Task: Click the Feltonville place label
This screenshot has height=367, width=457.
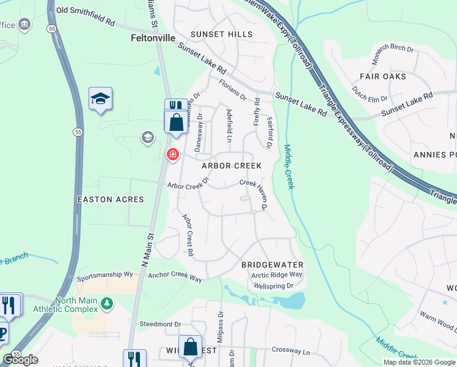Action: coord(153,37)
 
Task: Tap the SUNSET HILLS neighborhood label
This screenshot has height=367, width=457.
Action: coord(217,34)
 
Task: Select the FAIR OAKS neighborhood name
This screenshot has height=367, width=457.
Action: coord(382,76)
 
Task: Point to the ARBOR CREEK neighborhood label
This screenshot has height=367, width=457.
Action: coord(232,166)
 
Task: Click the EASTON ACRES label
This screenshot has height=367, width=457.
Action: coord(111,199)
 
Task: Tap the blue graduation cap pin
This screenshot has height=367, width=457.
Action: coord(100,98)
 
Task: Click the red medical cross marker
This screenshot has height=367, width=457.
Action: coord(173,154)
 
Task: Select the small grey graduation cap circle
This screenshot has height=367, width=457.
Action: coord(147,138)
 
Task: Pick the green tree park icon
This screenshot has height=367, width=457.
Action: coord(108,303)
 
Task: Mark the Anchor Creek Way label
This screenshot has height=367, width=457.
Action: coord(175,278)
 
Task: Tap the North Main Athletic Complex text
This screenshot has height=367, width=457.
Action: coord(76,305)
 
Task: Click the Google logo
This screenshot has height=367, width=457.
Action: coord(20,360)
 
